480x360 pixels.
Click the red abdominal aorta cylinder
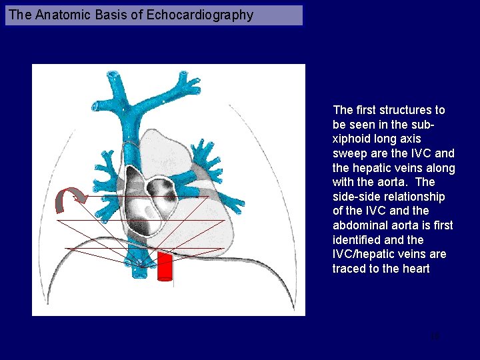165,265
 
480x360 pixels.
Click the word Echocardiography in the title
199,15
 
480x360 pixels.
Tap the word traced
350,269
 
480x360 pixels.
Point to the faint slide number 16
435,337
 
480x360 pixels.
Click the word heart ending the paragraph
415,269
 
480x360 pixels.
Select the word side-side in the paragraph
357,197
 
